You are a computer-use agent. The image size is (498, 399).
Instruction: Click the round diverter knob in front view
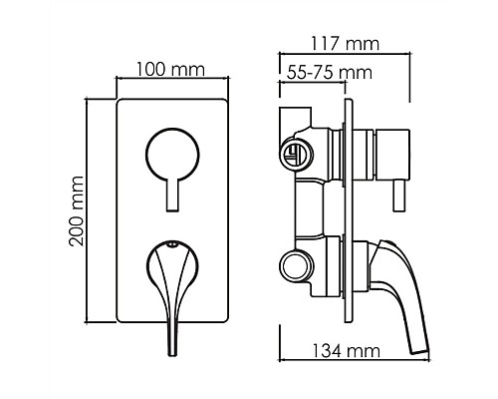click(x=172, y=154)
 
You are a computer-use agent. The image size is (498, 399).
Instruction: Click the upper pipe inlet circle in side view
click(x=292, y=153)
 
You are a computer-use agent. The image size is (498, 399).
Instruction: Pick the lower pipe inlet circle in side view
click(x=292, y=267)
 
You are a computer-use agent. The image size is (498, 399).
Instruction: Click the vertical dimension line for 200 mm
click(x=95, y=211)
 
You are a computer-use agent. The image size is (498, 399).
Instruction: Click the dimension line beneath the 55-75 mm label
click(x=314, y=86)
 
